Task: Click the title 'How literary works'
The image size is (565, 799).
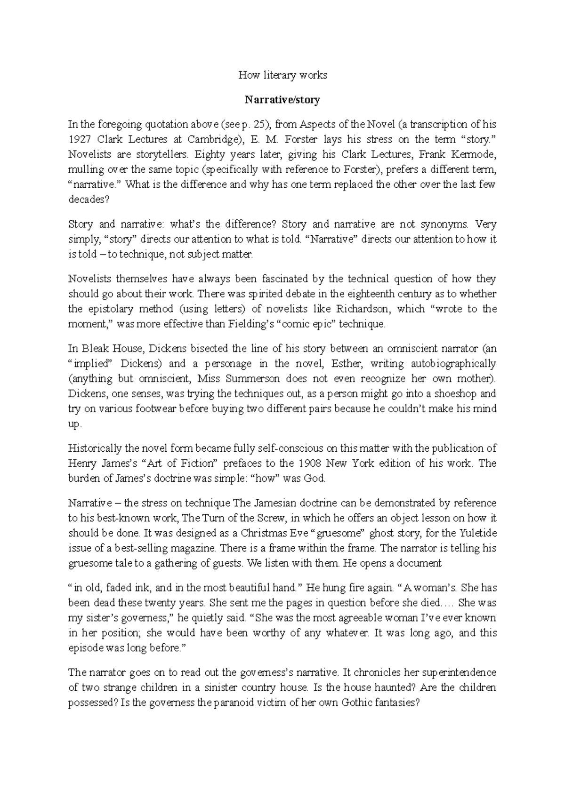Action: point(282,75)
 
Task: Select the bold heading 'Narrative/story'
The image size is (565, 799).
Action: point(282,100)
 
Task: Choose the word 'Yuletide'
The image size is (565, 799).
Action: point(477,533)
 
